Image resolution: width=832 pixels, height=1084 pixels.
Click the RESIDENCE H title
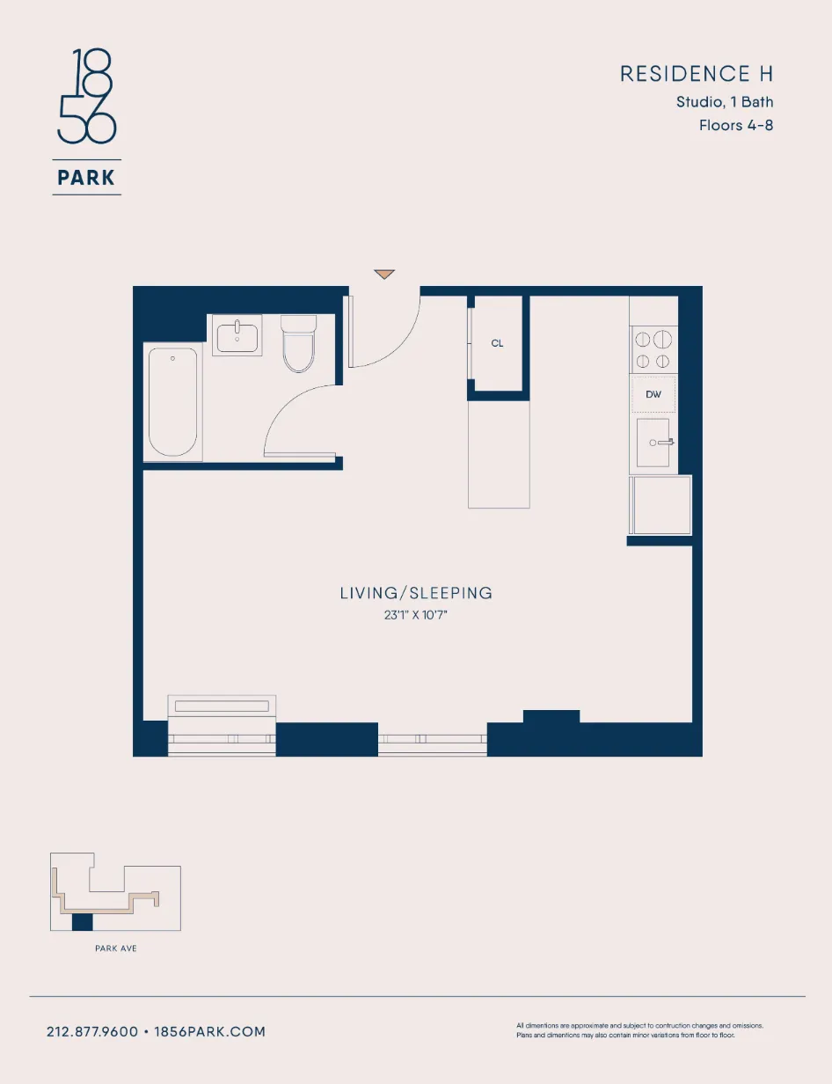pyautogui.click(x=696, y=75)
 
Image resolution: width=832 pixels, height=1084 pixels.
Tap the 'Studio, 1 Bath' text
pyautogui.click(x=724, y=102)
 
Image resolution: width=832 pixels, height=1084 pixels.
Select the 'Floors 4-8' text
pyautogui.click(x=735, y=125)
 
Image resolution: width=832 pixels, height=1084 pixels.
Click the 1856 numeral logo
pyautogui.click(x=86, y=97)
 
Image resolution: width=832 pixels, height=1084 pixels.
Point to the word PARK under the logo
pyautogui.click(x=86, y=178)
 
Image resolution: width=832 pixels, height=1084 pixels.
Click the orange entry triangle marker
pyautogui.click(x=384, y=275)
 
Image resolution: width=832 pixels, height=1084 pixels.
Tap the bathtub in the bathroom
pyautogui.click(x=172, y=402)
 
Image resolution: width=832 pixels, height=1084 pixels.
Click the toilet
pyautogui.click(x=298, y=345)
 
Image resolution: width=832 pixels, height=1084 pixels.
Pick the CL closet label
pyautogui.click(x=498, y=344)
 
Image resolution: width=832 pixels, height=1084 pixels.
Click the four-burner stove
pyautogui.click(x=653, y=349)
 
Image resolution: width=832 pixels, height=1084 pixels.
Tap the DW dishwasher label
pyautogui.click(x=653, y=394)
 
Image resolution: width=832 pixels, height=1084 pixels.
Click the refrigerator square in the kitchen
pyautogui.click(x=660, y=505)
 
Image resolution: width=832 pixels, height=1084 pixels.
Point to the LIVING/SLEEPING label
pyautogui.click(x=416, y=593)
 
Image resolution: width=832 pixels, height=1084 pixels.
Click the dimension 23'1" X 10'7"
pyautogui.click(x=416, y=616)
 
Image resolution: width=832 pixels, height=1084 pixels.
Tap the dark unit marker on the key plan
pyautogui.click(x=82, y=922)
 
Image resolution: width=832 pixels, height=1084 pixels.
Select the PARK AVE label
pyautogui.click(x=115, y=948)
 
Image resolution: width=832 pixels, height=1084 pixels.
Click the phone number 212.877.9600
pyautogui.click(x=92, y=1031)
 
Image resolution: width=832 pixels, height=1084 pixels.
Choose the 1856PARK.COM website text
pyautogui.click(x=210, y=1031)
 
